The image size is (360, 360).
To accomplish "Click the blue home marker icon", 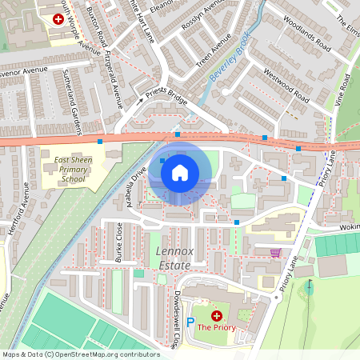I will click(180, 172).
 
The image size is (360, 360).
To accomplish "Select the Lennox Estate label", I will click(170, 258).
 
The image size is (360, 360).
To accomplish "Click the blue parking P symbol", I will click(190, 322).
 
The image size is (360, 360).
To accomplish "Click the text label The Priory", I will click(216, 327).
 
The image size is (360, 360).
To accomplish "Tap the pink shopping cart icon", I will click(276, 253).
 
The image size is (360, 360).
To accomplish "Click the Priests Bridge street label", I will click(166, 98).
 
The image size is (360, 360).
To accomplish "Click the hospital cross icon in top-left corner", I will click(58, 18).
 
